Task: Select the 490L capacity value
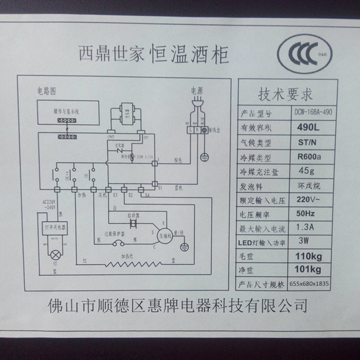[309, 128]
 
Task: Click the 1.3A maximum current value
[306, 228]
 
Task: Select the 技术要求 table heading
[285, 95]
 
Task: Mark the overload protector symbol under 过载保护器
[119, 243]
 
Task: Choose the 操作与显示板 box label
[67, 111]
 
